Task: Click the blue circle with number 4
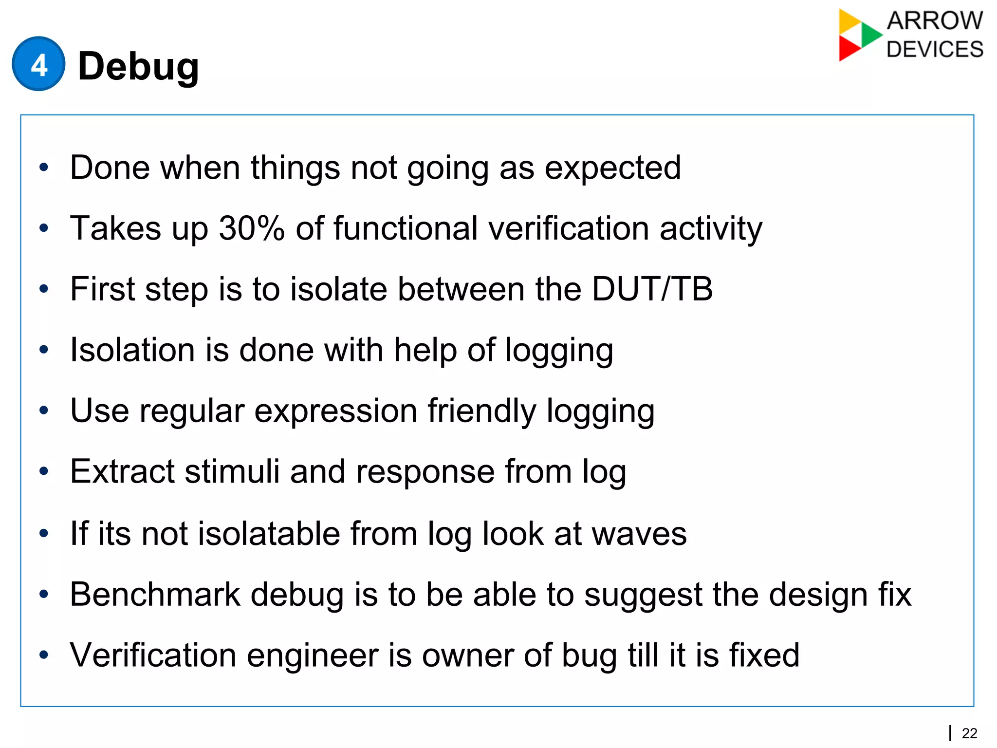(x=38, y=64)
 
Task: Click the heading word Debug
(x=138, y=67)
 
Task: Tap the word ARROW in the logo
(x=935, y=21)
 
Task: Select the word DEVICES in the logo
(x=935, y=50)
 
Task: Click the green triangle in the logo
(x=870, y=35)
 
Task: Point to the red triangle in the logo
(x=848, y=49)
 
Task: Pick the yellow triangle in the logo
(x=849, y=20)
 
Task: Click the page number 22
(x=969, y=733)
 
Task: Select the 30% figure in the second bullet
(x=251, y=228)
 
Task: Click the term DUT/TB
(x=652, y=289)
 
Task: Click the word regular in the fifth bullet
(x=192, y=411)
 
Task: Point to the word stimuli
(x=232, y=471)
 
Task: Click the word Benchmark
(x=155, y=594)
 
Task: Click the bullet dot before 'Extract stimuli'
(x=44, y=471)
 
